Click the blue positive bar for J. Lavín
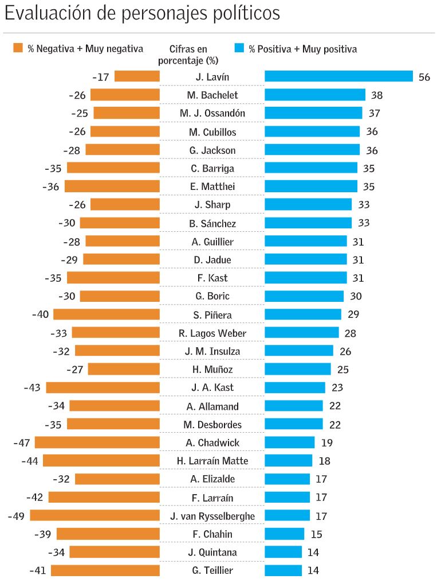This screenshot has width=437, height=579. click(x=338, y=76)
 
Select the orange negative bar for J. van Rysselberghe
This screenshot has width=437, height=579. click(x=95, y=516)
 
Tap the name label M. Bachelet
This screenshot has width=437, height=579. click(x=212, y=95)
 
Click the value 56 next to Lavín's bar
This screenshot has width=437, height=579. click(x=424, y=77)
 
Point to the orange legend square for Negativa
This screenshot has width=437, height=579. click(x=18, y=48)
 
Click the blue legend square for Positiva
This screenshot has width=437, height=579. click(x=239, y=48)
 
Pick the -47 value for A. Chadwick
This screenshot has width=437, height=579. click(x=21, y=443)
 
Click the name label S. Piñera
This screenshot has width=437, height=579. click(x=212, y=315)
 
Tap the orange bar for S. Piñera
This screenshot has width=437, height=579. click(x=106, y=314)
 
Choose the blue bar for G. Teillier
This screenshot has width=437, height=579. click(x=283, y=570)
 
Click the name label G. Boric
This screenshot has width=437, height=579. click(x=212, y=296)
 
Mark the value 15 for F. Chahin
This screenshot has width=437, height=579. click(x=316, y=534)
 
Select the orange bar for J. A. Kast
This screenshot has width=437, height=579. click(x=103, y=387)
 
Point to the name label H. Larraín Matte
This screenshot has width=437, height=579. click(x=212, y=461)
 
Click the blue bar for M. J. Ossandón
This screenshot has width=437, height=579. click(x=313, y=113)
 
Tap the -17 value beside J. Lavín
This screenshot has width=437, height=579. click(x=101, y=77)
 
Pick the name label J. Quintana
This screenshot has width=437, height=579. click(x=212, y=553)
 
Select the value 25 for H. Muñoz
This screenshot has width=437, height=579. click(x=342, y=370)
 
